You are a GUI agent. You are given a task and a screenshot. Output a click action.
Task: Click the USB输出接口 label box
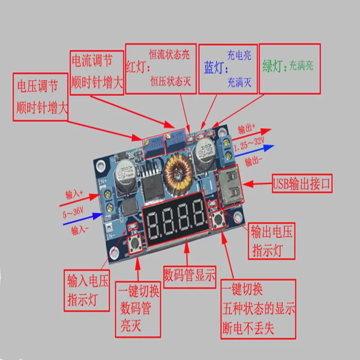point(302,184)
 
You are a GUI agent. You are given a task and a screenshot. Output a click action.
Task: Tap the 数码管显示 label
point(190,274)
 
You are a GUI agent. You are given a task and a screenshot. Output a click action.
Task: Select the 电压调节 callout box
point(40,98)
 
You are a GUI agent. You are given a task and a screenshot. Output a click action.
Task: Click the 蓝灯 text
point(213,68)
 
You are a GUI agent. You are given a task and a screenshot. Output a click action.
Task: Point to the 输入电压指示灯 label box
point(87,289)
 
